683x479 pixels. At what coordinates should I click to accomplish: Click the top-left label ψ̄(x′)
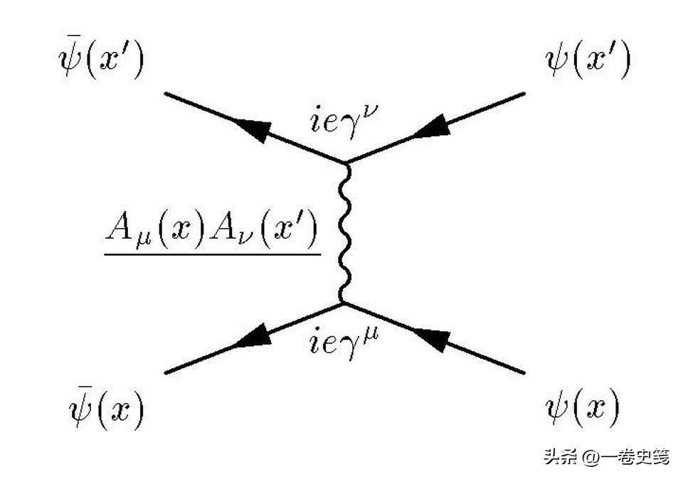[100, 60]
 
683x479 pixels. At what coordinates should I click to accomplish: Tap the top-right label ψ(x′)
[588, 60]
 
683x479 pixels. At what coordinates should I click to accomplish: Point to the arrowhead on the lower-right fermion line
[432, 340]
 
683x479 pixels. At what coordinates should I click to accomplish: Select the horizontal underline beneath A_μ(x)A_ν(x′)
[212, 252]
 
